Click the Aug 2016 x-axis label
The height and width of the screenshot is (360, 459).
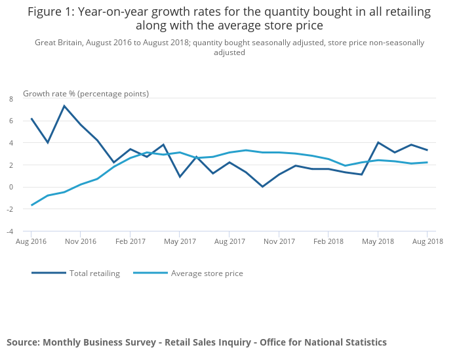[31, 241]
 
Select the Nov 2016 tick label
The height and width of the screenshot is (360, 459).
[80, 241]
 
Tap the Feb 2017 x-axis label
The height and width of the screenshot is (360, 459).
[130, 241]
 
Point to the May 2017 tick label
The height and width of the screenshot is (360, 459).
[180, 241]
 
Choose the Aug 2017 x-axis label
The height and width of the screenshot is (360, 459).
[229, 241]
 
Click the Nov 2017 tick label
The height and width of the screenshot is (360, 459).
[279, 241]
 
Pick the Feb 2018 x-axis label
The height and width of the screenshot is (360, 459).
[329, 241]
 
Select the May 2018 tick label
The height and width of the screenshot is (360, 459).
[378, 241]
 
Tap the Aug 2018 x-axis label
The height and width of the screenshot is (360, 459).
[428, 241]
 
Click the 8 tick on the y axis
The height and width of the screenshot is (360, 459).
[10, 98]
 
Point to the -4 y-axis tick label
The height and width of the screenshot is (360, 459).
[10, 231]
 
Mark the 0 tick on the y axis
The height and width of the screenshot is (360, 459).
[10, 187]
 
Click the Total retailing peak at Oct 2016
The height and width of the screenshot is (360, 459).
[64, 106]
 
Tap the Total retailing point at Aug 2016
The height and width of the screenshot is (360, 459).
[31, 119]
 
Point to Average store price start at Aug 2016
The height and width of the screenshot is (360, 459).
[31, 205]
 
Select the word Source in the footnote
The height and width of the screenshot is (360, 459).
[23, 342]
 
